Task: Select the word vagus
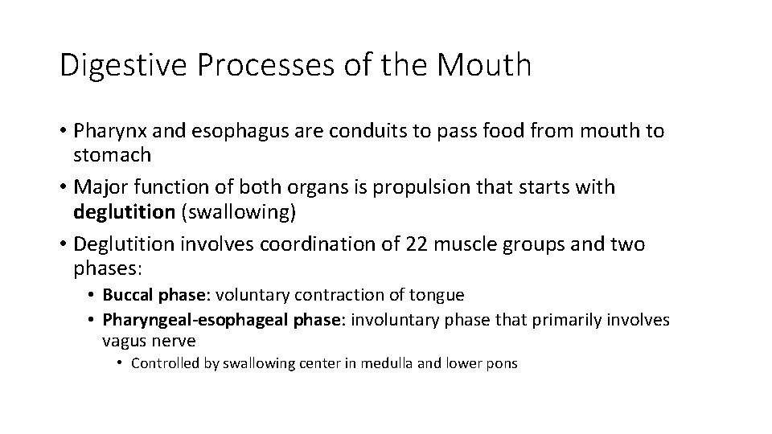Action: pyautogui.click(x=123, y=341)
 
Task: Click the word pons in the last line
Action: pyautogui.click(x=502, y=363)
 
